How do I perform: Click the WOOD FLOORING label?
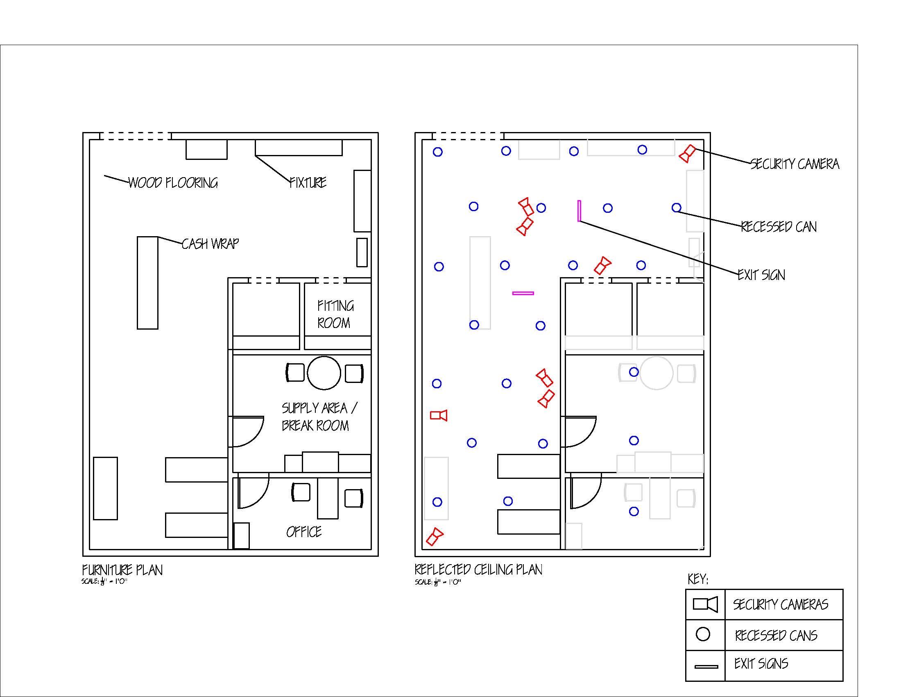coord(173,183)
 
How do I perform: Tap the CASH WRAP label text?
coord(210,244)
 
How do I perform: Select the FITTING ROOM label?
coord(335,314)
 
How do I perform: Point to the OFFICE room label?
coord(303,532)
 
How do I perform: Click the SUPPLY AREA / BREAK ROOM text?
coord(319,417)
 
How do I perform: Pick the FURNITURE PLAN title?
coord(122,570)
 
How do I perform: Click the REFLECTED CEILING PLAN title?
coord(478,570)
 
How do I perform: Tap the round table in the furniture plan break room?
coord(324,373)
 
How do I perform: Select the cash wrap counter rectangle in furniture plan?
coord(147,283)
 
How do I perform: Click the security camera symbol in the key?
coord(705,604)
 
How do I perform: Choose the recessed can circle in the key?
coord(703,634)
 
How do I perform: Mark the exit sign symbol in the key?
coord(706,666)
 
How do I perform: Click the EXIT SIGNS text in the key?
coord(761,664)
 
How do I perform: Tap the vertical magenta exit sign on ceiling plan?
coord(579,211)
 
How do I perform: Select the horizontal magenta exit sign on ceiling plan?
coord(523,293)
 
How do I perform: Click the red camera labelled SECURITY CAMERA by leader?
coord(687,154)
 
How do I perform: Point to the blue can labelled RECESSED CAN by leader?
coord(677,208)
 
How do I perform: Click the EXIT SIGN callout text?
coord(761,275)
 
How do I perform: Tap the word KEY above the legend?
coord(697,579)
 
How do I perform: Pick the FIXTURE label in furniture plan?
coord(308,182)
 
